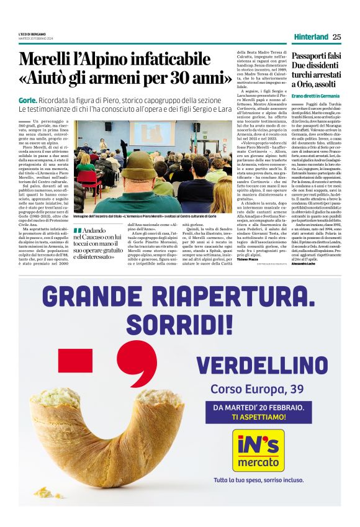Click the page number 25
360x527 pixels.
click(x=336, y=37)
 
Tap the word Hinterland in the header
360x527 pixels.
click(x=311, y=37)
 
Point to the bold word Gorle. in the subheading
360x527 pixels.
click(x=28, y=101)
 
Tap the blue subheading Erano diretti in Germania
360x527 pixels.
click(x=315, y=96)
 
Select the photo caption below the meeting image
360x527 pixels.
click(x=149, y=217)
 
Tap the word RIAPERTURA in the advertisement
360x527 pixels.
click(x=240, y=299)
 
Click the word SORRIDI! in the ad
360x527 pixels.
click(x=179, y=324)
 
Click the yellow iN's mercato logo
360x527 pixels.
click(x=258, y=450)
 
